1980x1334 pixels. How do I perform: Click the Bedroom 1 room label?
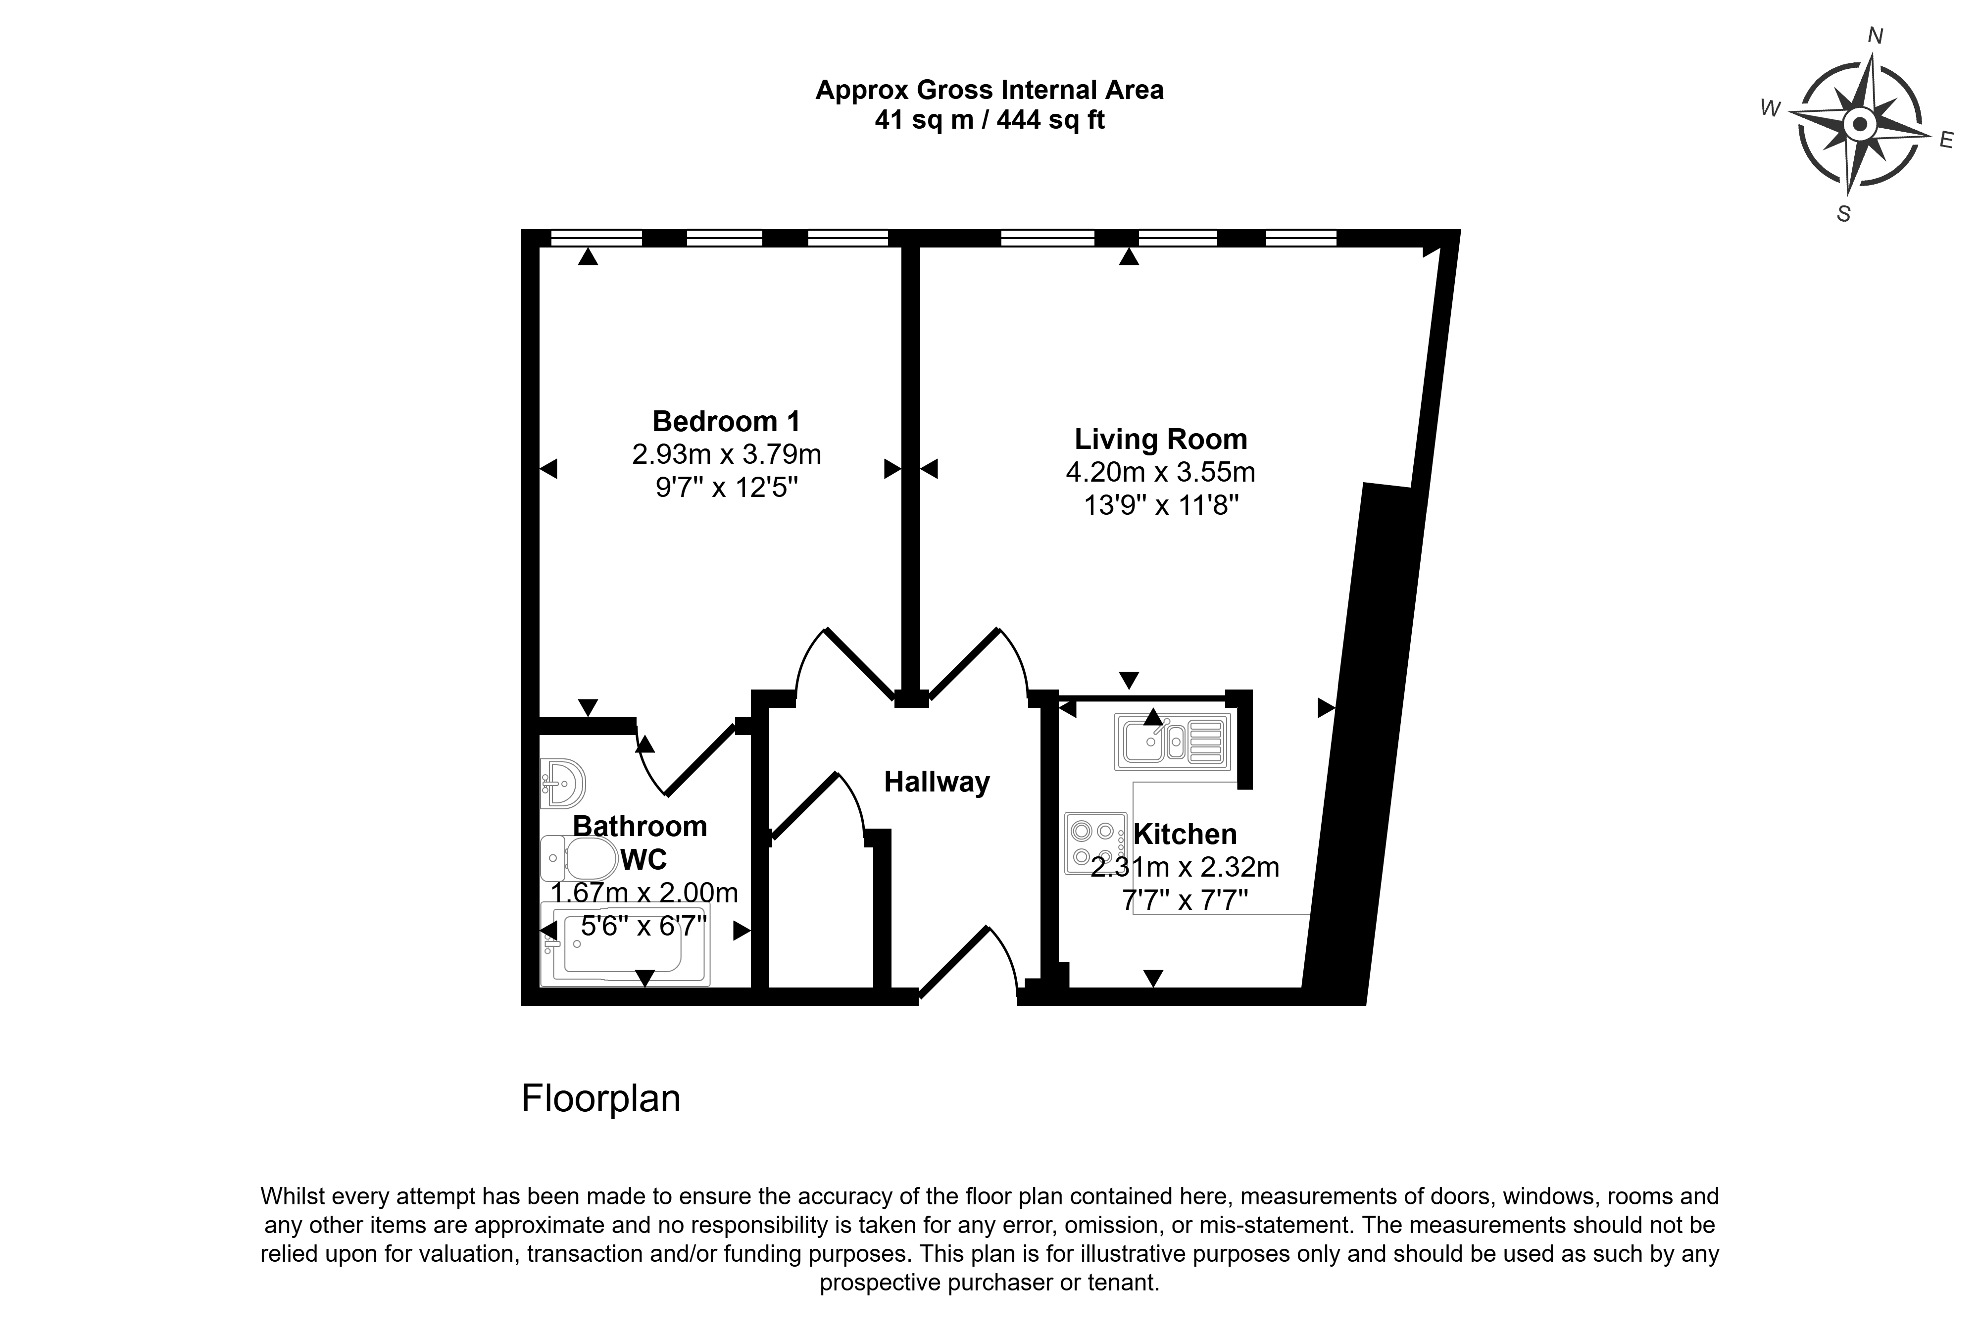pyautogui.click(x=726, y=421)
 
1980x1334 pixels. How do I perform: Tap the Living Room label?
pyautogui.click(x=1160, y=439)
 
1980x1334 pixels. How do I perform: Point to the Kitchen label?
pyautogui.click(x=1185, y=834)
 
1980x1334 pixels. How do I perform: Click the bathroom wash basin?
pyautogui.click(x=562, y=783)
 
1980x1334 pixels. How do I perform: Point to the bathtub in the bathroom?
pyautogui.click(x=625, y=944)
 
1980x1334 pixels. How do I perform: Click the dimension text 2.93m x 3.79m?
pyautogui.click(x=726, y=454)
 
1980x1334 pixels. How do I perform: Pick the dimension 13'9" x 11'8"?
pyautogui.click(x=1161, y=505)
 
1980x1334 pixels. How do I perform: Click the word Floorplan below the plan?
pyautogui.click(x=600, y=1098)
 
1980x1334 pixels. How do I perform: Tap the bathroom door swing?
pyautogui.click(x=685, y=760)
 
